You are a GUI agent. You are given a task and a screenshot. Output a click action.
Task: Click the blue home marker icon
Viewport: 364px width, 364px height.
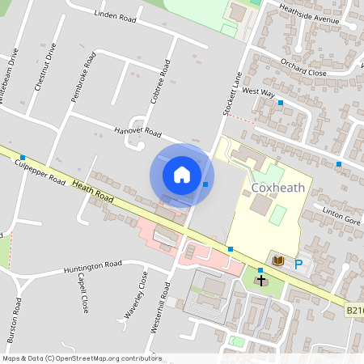[x=182, y=174]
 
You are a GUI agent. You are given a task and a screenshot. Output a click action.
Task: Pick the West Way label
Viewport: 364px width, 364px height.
[x=258, y=93]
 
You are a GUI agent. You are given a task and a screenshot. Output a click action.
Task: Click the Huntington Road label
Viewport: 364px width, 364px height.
[x=92, y=265]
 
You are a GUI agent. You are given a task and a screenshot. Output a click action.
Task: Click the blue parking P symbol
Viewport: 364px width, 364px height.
[x=298, y=264]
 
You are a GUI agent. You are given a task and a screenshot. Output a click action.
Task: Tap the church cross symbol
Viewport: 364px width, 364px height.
[x=260, y=280]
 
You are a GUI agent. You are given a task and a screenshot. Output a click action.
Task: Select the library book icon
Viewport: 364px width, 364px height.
[x=278, y=260]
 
